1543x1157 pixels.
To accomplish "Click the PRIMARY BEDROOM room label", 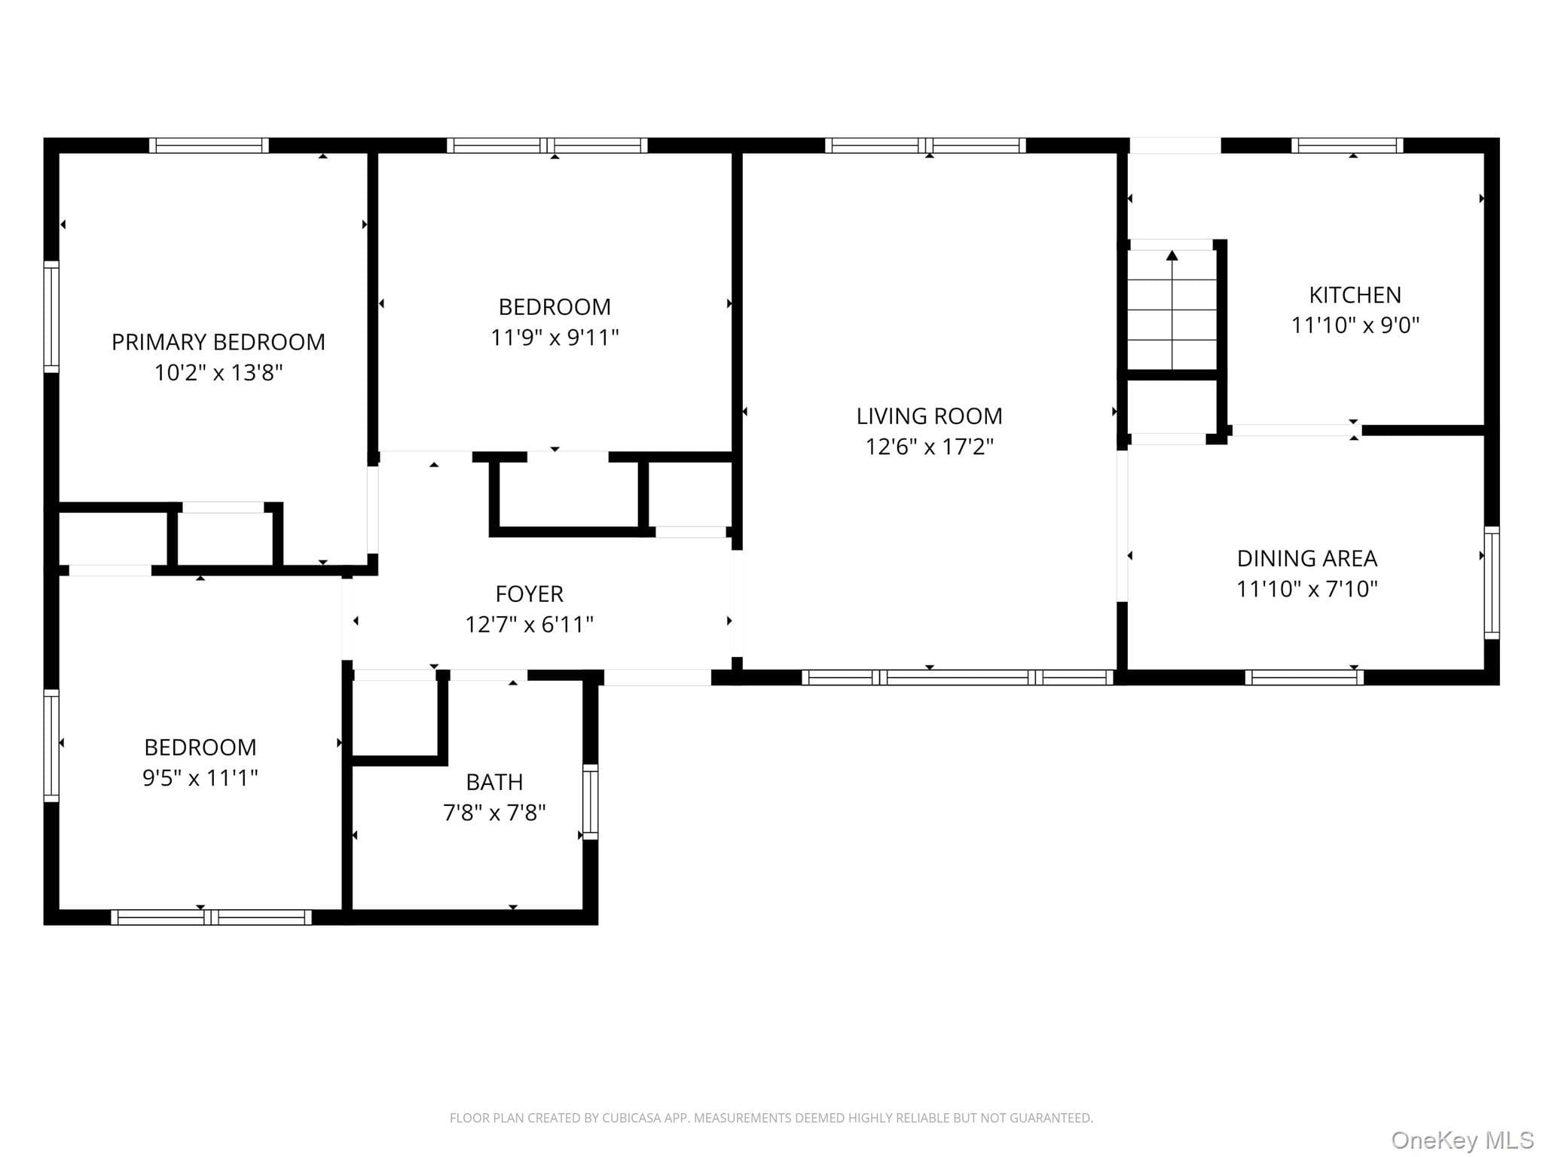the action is tap(218, 342).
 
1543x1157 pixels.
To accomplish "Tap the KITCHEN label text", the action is tap(1355, 295).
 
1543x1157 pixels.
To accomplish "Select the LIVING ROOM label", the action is tap(929, 416).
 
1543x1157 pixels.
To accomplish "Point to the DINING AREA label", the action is tap(1307, 558).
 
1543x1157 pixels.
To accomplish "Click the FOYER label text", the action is tap(529, 594).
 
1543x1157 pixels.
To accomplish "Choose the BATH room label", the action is tap(494, 782).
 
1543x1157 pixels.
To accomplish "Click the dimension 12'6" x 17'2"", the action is tap(929, 447).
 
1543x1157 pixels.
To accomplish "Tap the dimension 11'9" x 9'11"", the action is tap(555, 337).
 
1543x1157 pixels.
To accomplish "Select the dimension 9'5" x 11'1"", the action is tap(200, 777).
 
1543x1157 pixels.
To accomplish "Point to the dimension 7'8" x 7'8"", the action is tap(494, 813).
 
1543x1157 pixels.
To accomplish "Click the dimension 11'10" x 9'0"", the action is tap(1355, 325).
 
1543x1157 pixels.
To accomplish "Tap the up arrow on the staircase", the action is tap(1172, 310).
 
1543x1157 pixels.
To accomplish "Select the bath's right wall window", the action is tap(591, 801).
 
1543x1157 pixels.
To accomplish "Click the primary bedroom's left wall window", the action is tap(51, 316).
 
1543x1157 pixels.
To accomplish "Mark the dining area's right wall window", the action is tap(1492, 583).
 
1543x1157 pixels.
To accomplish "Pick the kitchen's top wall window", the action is tap(1347, 145).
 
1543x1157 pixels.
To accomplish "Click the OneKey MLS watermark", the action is tap(1462, 1140).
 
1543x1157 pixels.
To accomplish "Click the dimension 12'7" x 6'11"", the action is tap(529, 624).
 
